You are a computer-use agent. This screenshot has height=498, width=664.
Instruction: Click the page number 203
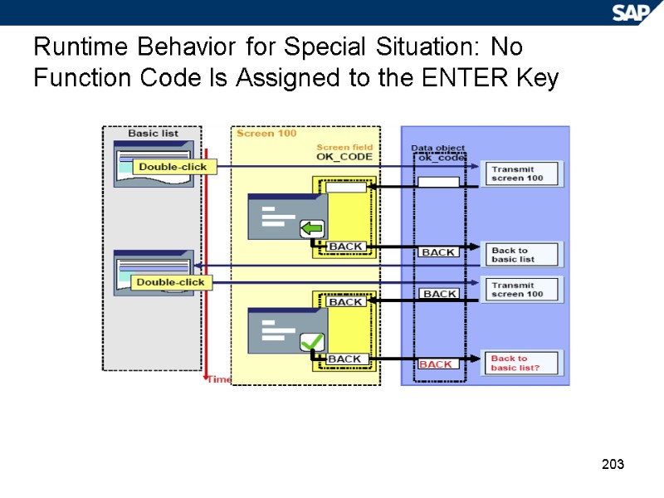pyautogui.click(x=613, y=463)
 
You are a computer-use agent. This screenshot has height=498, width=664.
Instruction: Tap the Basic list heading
pyautogui.click(x=153, y=133)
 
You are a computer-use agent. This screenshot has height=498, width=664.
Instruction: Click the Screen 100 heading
pyautogui.click(x=266, y=133)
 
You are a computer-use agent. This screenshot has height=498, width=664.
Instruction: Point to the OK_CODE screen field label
pyautogui.click(x=344, y=156)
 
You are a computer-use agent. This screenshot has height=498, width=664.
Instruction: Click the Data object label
pyautogui.click(x=438, y=148)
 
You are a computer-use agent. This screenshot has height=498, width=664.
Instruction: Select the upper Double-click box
pyautogui.click(x=173, y=167)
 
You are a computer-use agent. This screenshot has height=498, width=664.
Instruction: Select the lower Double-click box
pyautogui.click(x=170, y=282)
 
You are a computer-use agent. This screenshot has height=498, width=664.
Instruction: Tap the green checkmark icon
pyautogui.click(x=312, y=341)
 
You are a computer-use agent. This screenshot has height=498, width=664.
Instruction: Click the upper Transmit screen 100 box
pyautogui.click(x=523, y=174)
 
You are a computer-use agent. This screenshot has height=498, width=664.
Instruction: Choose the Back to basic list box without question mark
pyautogui.click(x=523, y=255)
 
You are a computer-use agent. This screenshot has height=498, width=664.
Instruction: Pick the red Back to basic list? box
pyautogui.click(x=523, y=363)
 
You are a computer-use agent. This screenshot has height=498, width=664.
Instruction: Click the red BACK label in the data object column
pyautogui.click(x=436, y=364)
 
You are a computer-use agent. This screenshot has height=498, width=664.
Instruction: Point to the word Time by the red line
pyautogui.click(x=219, y=379)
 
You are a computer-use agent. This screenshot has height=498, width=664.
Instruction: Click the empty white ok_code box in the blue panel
pyautogui.click(x=438, y=182)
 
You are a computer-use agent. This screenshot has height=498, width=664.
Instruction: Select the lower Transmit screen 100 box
pyautogui.click(x=523, y=289)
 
